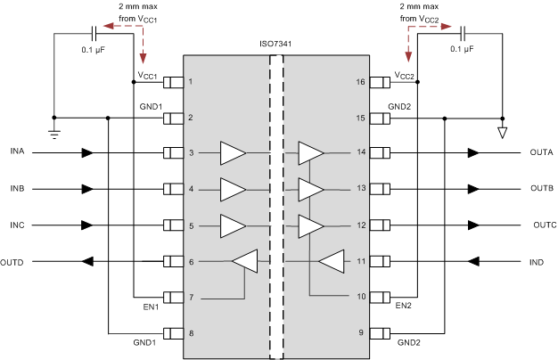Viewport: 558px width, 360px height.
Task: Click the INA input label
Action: pyautogui.click(x=17, y=153)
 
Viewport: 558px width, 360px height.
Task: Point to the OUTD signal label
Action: pyautogui.click(x=12, y=262)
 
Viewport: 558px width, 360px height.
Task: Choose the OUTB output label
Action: pyautogui.click(x=542, y=190)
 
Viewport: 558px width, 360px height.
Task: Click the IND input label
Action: pyautogui.click(x=537, y=262)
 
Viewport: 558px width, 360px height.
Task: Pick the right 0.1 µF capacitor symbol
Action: pyautogui.click(x=463, y=34)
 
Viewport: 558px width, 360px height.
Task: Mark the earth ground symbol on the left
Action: pyautogui.click(x=54, y=133)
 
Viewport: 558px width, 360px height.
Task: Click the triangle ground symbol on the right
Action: pyautogui.click(x=502, y=134)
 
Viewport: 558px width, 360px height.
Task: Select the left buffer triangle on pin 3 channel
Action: pyautogui.click(x=232, y=153)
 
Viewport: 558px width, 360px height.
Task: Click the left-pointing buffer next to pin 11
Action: pyautogui.click(x=331, y=262)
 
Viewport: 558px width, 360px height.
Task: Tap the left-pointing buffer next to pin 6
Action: pyautogui.click(x=244, y=262)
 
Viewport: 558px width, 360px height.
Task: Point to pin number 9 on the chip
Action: pyautogui.click(x=362, y=334)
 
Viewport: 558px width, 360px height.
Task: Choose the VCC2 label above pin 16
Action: pyautogui.click(x=403, y=75)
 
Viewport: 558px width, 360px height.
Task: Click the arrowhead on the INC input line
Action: pyautogui.click(x=87, y=225)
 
